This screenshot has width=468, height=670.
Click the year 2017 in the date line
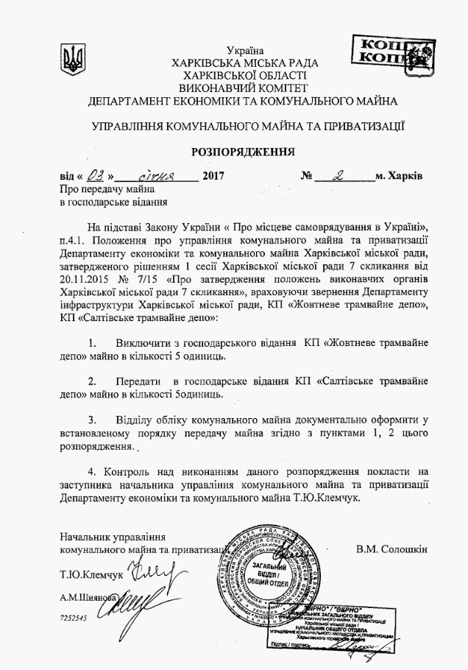(x=213, y=177)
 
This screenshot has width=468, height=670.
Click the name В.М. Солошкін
(x=391, y=549)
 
